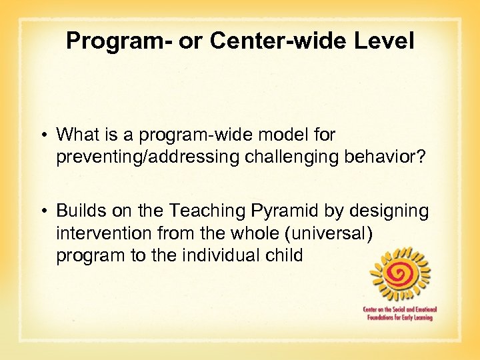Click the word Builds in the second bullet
point(77,211)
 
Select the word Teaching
point(198,211)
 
